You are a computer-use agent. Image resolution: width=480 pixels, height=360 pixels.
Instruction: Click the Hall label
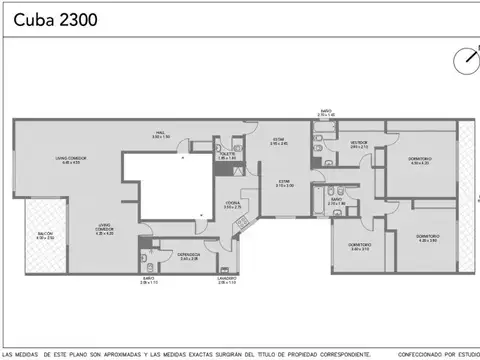160,134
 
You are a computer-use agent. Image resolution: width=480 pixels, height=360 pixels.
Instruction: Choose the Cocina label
232,205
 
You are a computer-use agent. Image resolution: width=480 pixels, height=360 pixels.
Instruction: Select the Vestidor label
359,145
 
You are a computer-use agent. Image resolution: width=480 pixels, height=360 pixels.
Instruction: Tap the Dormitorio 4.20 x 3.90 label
429,239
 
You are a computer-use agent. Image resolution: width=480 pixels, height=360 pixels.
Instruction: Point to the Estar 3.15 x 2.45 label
279,143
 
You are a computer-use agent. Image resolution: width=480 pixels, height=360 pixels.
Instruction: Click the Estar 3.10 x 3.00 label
285,183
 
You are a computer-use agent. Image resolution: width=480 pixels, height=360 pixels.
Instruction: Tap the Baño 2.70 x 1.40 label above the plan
326,113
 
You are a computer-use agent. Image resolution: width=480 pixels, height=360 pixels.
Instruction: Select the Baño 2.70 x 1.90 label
337,202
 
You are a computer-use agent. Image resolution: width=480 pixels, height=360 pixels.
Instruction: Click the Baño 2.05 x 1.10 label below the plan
149,282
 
